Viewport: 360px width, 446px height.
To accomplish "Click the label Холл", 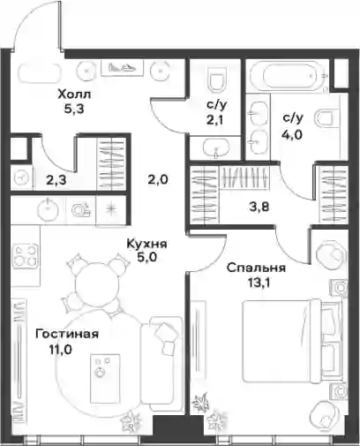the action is (75, 94).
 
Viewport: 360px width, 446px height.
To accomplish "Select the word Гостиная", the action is (67, 335).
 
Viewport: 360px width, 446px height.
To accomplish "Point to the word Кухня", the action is (146, 244).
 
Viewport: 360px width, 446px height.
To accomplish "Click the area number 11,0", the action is (61, 350).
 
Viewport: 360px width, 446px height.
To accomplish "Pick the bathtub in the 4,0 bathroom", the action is (289, 76).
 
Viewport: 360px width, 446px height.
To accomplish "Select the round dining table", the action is (97, 283).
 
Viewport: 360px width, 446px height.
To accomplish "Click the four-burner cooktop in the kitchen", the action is (26, 256).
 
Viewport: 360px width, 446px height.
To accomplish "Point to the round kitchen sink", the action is (48, 209).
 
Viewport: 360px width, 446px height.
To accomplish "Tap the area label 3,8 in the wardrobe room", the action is (259, 207).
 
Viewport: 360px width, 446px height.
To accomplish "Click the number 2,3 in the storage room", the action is (56, 180).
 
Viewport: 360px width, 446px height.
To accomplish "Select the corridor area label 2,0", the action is (158, 179).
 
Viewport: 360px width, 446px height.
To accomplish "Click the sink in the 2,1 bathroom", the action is (216, 147).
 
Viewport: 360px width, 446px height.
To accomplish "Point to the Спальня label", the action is (256, 268).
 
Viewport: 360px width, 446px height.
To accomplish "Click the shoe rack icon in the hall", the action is (123, 68).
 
